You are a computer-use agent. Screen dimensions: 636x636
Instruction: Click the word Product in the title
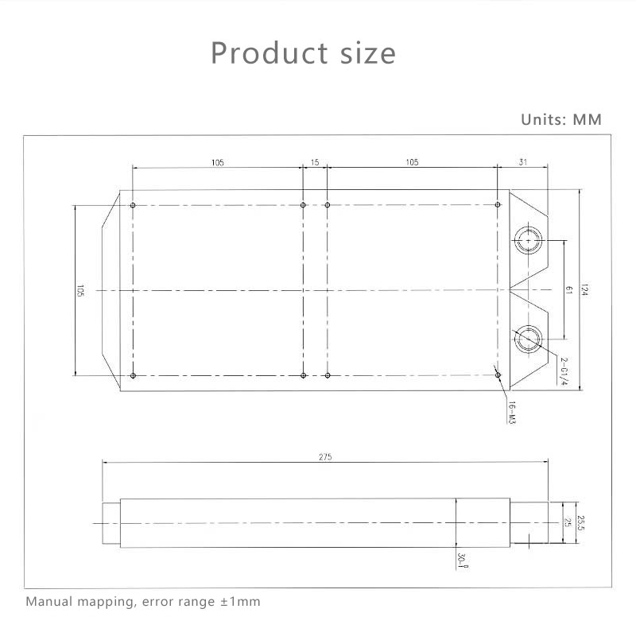[x=270, y=53]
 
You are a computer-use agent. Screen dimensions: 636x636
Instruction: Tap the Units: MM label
[x=561, y=120]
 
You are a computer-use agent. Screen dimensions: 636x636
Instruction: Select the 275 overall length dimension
[x=325, y=457]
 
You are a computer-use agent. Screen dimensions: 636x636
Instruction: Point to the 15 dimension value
[x=315, y=162]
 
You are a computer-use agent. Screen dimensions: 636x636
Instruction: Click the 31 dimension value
[x=523, y=162]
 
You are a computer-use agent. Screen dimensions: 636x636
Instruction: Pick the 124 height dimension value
[x=584, y=289]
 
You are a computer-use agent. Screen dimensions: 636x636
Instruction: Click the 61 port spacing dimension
[x=568, y=290]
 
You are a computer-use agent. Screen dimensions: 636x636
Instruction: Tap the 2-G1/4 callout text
[x=564, y=371]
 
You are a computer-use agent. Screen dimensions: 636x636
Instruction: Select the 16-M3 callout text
[x=512, y=413]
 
